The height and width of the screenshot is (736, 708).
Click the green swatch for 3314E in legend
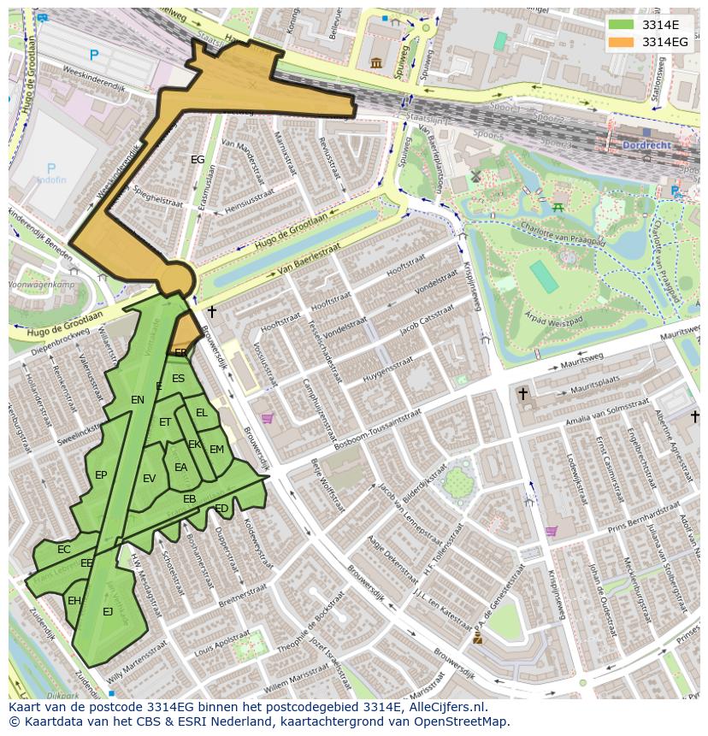tap(621, 25)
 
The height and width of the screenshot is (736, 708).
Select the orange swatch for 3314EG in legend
tap(621, 42)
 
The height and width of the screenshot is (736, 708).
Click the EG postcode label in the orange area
tap(198, 160)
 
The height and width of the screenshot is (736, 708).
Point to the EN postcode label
tap(138, 399)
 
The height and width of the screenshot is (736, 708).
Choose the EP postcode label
tap(101, 475)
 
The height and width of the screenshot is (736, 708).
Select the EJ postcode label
tap(108, 611)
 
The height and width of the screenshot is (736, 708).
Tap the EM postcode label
tap(216, 450)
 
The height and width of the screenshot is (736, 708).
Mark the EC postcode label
tap(63, 550)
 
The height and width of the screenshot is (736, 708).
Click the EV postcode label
tap(150, 479)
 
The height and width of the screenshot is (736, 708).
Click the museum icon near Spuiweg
tap(376, 62)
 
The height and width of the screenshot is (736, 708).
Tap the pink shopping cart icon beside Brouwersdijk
tap(267, 419)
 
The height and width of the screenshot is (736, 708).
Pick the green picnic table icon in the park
tap(558, 206)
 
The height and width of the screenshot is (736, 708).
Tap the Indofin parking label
tap(50, 180)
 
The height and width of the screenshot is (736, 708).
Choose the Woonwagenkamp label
tap(39, 283)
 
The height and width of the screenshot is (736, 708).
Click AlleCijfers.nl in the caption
tap(445, 708)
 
